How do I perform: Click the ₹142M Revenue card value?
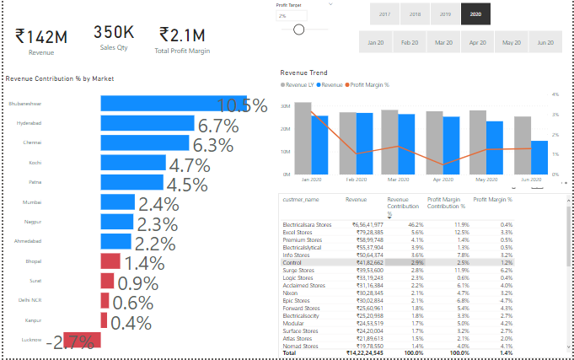(41, 36)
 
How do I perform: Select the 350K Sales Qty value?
(113, 33)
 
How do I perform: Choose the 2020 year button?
(475, 14)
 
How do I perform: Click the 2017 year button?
(384, 14)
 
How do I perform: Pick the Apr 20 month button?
(478, 41)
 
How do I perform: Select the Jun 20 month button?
(544, 41)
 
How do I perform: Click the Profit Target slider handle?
(298, 30)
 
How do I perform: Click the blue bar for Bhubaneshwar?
(173, 103)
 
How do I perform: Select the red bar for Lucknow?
(81, 340)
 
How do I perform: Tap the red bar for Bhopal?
(110, 261)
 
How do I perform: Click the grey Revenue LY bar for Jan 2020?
(303, 138)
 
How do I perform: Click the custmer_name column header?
(301, 200)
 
